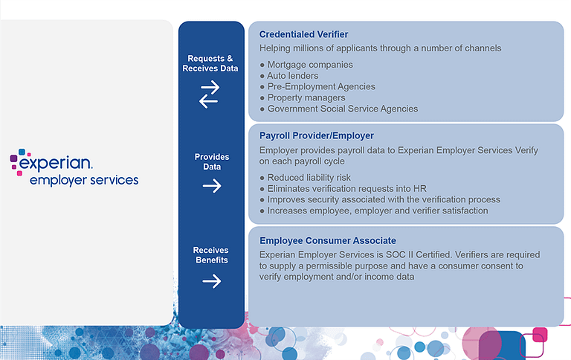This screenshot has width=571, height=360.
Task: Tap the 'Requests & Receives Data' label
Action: [211, 63]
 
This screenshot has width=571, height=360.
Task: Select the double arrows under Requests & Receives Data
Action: [210, 94]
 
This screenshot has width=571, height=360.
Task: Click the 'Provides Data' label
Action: [212, 162]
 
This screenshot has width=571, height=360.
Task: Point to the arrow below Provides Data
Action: [212, 186]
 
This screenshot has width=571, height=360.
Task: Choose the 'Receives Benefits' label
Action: [211, 255]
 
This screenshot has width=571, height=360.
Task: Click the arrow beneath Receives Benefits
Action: [212, 281]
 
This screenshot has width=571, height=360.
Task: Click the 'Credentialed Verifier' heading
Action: [303, 34]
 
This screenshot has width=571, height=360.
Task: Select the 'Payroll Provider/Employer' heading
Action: [317, 136]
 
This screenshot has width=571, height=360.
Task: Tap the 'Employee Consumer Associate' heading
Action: [328, 241]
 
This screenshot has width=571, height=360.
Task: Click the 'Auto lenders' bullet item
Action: [293, 76]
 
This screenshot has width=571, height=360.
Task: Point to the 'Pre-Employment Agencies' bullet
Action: [321, 86]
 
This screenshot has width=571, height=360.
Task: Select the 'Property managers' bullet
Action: [306, 97]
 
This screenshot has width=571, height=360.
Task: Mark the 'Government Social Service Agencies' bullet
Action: [343, 109]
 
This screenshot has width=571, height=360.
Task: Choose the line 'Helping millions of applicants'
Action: [381, 48]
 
